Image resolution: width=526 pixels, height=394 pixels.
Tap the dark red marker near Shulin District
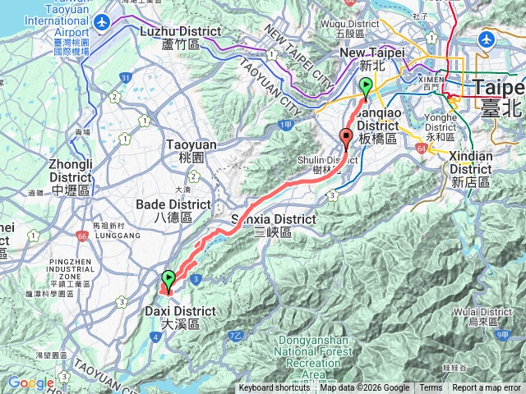[346, 137]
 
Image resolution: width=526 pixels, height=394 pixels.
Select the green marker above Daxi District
[168, 279]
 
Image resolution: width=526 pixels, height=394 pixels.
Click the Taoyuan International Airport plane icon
[102, 22]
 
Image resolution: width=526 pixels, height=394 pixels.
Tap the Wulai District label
[484, 318]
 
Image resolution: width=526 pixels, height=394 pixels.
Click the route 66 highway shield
[82, 236]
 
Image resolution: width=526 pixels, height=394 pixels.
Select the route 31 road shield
[126, 78]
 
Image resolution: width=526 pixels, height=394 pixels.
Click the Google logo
[30, 383]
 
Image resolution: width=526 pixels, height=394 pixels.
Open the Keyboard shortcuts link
[275, 388]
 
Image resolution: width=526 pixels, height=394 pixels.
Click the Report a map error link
[487, 388]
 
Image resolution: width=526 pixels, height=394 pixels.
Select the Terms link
[431, 388]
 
